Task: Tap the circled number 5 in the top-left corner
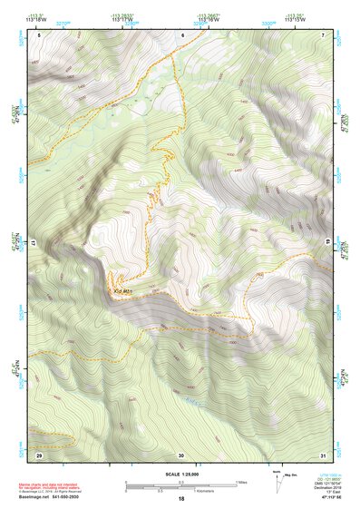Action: (x=39, y=34)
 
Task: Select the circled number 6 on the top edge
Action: (x=181, y=34)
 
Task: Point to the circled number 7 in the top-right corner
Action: (x=324, y=34)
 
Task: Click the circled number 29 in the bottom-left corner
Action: (x=39, y=454)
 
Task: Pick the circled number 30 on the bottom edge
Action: (x=181, y=454)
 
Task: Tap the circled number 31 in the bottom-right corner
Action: (x=323, y=454)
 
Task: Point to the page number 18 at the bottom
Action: (x=181, y=499)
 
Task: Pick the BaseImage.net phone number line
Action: (x=50, y=498)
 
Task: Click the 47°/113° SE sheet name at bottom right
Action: (x=326, y=498)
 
